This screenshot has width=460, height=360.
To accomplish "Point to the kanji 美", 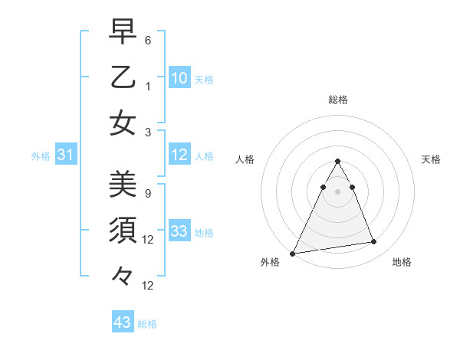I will [x=123, y=184].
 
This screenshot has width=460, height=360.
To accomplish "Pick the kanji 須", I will [x=123, y=230].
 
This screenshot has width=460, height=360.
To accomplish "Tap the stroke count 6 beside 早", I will [x=148, y=39].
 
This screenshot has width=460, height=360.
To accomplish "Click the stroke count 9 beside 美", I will [x=148, y=193].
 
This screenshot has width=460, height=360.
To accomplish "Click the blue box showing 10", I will [x=179, y=78].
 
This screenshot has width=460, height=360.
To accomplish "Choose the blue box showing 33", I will [x=179, y=231].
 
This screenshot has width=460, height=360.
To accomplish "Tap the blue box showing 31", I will [x=66, y=155].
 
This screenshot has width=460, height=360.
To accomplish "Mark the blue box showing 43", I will [x=123, y=322].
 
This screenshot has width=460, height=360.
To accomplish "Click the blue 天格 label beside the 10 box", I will [x=204, y=79].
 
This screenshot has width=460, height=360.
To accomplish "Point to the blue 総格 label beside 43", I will [x=147, y=323].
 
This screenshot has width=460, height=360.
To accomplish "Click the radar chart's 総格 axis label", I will [x=337, y=100].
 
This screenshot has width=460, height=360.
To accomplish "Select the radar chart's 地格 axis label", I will [x=402, y=262].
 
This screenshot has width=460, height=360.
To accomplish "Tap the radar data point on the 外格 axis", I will [x=293, y=253].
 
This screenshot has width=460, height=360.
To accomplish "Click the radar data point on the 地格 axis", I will [x=374, y=242].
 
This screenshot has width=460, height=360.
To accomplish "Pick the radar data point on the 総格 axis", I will [x=337, y=161].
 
